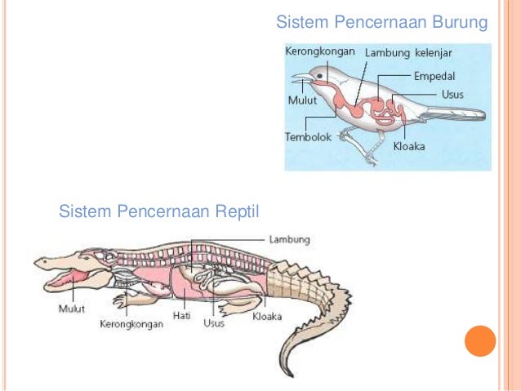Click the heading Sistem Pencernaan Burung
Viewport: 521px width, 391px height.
point(381,20)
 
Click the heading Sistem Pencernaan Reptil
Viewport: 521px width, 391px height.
point(158,213)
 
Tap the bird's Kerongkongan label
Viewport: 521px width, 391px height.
point(320,51)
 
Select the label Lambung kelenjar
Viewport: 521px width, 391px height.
point(408,52)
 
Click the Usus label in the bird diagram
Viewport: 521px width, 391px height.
point(452,94)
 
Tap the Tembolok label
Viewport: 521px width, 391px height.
point(308,137)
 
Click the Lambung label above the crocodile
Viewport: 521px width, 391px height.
point(289,240)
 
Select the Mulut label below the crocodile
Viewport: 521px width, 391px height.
point(72,309)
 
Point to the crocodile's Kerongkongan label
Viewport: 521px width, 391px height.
point(131,323)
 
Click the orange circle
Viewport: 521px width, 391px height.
point(480,341)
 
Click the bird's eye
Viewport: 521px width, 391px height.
point(319,76)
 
